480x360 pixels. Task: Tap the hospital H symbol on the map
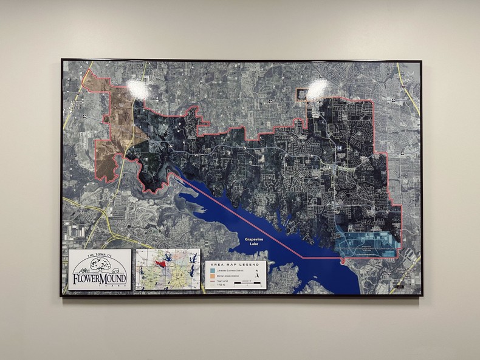tap(340, 148)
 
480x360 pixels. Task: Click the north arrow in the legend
tap(258, 274)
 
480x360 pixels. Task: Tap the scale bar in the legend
tap(257, 283)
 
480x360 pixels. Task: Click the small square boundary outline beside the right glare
tap(302, 94)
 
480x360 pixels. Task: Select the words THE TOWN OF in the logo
tap(99, 256)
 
